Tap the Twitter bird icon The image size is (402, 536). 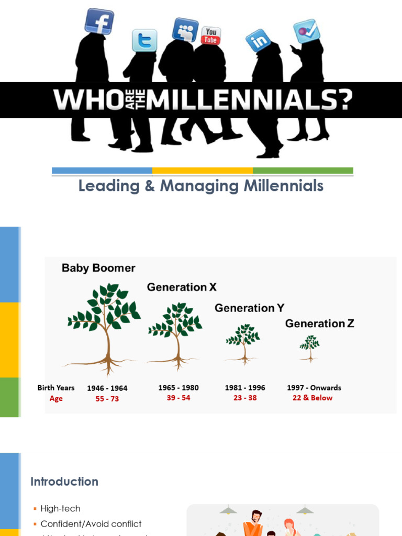point(144,40)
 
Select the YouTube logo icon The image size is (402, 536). point(211,36)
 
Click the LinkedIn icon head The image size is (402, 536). point(259,40)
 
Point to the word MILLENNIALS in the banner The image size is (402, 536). point(249,100)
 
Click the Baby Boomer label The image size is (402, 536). point(98,268)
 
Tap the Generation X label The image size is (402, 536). point(182,287)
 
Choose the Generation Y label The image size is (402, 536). point(249,308)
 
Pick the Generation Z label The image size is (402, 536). point(319,323)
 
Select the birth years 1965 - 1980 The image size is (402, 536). point(178,388)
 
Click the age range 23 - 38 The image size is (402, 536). point(245,398)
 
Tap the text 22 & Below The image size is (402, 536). point(312,398)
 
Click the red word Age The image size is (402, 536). point(56,399)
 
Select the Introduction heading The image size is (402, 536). point(64,482)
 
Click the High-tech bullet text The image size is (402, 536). point(60,509)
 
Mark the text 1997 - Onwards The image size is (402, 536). point(314,388)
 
